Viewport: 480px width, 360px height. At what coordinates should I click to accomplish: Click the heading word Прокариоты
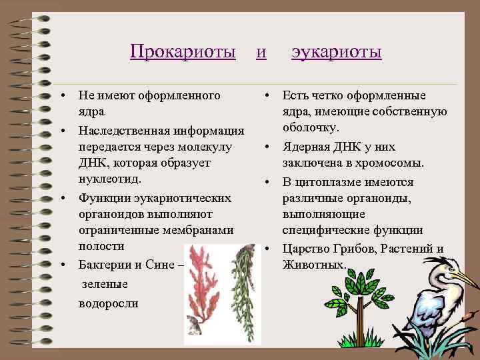[183, 52]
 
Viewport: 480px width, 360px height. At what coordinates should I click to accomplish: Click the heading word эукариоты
[336, 52]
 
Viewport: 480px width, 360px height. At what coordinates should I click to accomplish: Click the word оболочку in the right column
[311, 128]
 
